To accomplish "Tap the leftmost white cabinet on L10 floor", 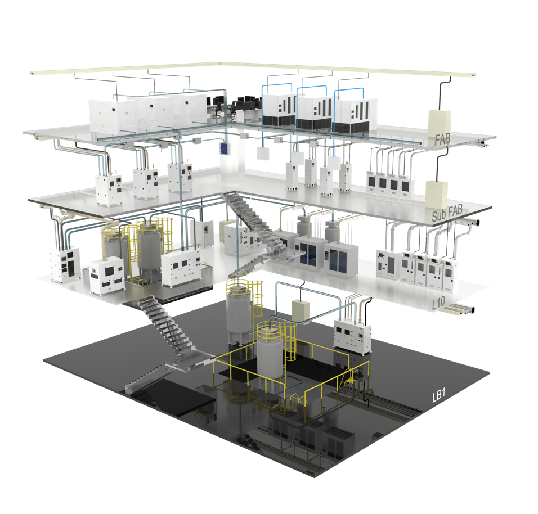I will coord(64,263).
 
